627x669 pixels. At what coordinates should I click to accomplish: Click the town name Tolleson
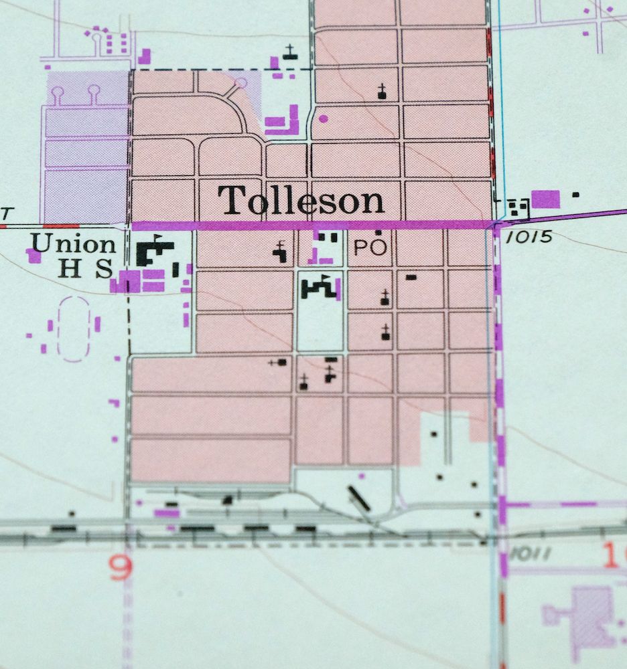(301, 200)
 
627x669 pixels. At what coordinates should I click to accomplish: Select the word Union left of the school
(74, 244)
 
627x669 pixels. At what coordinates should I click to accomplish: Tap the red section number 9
(121, 569)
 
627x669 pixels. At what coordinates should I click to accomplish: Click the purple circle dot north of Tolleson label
(324, 119)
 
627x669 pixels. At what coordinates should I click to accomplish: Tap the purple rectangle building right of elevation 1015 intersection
(545, 199)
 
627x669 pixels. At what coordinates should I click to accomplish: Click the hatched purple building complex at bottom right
(589, 615)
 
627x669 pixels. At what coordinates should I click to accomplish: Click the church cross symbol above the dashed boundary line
(289, 52)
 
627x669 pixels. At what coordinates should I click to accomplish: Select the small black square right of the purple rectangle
(575, 195)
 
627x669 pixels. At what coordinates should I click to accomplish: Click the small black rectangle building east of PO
(411, 276)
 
